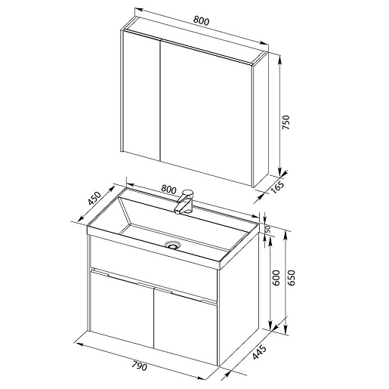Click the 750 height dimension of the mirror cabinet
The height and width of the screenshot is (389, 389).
286,122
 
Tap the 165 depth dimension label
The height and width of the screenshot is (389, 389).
278,187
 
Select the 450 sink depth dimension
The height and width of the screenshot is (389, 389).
94,199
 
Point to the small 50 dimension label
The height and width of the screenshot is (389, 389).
267,229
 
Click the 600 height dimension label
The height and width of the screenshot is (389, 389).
276,278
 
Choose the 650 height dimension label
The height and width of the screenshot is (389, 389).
291,278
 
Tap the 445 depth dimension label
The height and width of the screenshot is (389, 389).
259,352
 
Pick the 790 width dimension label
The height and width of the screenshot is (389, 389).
139,366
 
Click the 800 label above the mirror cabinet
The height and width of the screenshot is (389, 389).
201,21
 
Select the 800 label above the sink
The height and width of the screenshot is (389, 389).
168,190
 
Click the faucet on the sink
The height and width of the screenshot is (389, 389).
184,202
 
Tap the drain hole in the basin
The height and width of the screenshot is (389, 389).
172,245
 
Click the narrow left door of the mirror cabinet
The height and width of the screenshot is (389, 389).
142,95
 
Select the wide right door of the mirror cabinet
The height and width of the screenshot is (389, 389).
206,113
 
